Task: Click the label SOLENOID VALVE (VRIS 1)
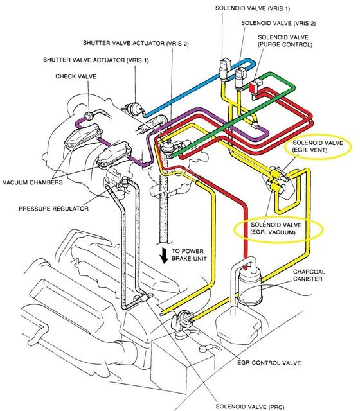253,8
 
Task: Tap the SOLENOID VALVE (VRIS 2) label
278,23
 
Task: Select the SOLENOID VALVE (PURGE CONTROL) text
285,41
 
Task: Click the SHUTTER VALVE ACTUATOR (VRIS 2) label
136,43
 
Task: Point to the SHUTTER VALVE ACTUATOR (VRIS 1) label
96,60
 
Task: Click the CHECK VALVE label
76,76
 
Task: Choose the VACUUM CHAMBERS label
33,182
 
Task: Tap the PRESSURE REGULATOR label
53,209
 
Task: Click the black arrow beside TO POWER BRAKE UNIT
165,255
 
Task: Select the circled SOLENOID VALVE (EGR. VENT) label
318,146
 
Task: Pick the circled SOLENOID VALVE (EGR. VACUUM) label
276,229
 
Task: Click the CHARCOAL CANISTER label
309,275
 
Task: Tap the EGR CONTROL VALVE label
269,363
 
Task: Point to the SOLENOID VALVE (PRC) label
250,407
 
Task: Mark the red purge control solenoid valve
253,87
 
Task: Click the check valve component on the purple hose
89,116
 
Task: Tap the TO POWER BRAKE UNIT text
189,255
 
